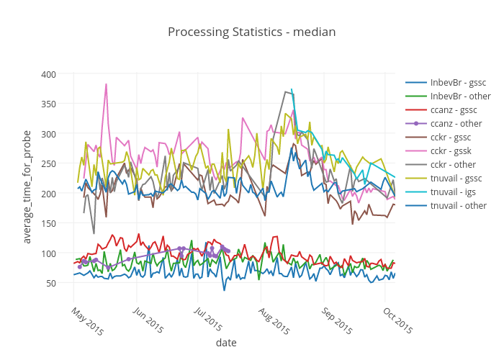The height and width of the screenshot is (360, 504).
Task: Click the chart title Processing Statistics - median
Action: [251, 32]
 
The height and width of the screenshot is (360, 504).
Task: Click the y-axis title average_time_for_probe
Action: [27, 187]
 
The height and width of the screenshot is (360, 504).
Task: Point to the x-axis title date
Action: [226, 343]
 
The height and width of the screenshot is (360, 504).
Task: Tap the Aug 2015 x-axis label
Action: [274, 321]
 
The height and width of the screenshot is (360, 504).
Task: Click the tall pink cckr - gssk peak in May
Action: [106, 84]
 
